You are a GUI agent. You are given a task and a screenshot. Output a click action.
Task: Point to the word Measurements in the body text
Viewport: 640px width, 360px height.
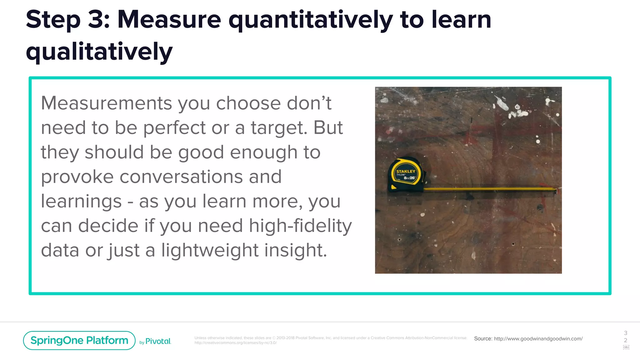click(106, 103)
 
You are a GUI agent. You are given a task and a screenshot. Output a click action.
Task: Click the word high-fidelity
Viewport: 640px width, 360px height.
click(300, 226)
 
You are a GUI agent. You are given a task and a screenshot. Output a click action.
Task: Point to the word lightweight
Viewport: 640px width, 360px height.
click(210, 250)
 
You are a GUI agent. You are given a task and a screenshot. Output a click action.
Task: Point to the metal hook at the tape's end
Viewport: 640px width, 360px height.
click(556, 190)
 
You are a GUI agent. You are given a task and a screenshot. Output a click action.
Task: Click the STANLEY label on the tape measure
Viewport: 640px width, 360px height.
click(406, 171)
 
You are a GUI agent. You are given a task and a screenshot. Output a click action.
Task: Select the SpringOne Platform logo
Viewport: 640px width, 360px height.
click(79, 340)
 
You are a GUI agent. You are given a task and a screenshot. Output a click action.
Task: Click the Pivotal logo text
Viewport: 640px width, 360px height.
click(158, 341)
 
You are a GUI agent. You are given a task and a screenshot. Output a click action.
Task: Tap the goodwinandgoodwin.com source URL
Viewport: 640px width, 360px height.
click(538, 339)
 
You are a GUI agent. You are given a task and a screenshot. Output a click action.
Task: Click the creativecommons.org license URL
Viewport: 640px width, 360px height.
click(235, 343)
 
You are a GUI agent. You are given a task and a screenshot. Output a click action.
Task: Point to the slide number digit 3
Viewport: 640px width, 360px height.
click(625, 333)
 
